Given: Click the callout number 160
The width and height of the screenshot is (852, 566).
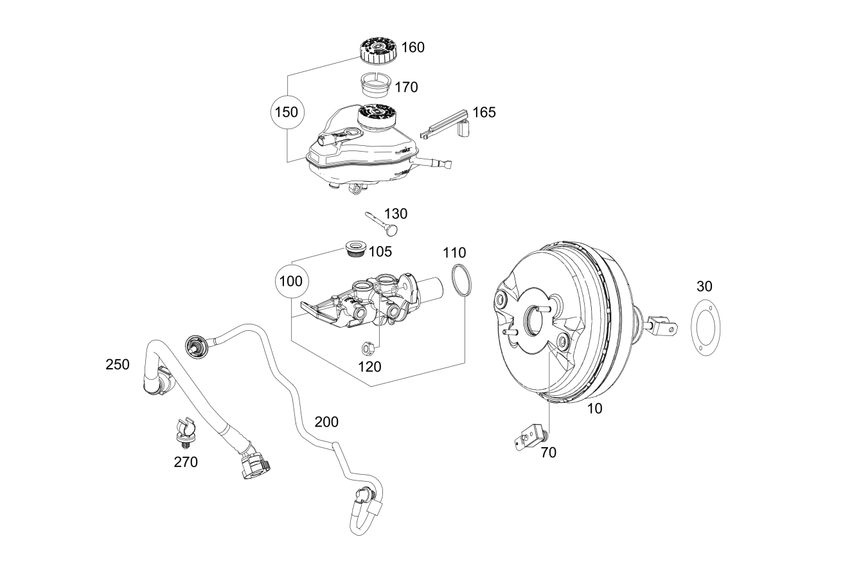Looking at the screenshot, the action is click(413, 48).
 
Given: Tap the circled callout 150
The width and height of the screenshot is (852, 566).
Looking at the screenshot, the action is click(287, 112).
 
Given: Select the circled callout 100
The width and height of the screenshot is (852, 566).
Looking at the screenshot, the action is click(291, 281).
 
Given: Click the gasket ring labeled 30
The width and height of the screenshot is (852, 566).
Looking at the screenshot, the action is click(693, 328).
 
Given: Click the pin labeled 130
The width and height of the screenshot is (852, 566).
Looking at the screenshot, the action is click(382, 223).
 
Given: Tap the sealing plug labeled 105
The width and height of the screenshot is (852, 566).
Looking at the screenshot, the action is click(356, 249).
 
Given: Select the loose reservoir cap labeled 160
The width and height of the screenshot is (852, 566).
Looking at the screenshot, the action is click(377, 50).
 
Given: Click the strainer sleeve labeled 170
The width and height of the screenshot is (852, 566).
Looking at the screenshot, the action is click(375, 85).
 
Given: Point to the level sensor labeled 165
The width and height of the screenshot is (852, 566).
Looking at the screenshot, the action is click(446, 125).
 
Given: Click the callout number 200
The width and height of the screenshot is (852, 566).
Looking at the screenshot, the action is click(326, 422).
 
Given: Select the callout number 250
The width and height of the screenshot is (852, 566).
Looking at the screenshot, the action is click(118, 364).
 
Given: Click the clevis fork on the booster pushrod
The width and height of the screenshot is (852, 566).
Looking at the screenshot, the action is click(663, 325).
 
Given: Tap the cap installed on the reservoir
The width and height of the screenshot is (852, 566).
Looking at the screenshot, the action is click(377, 117).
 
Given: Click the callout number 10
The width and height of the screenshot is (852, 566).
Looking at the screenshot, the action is click(594, 409).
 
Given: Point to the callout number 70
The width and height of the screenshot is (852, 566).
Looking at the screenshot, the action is click(549, 453).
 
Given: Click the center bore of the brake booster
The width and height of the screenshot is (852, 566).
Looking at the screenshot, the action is click(535, 321).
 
